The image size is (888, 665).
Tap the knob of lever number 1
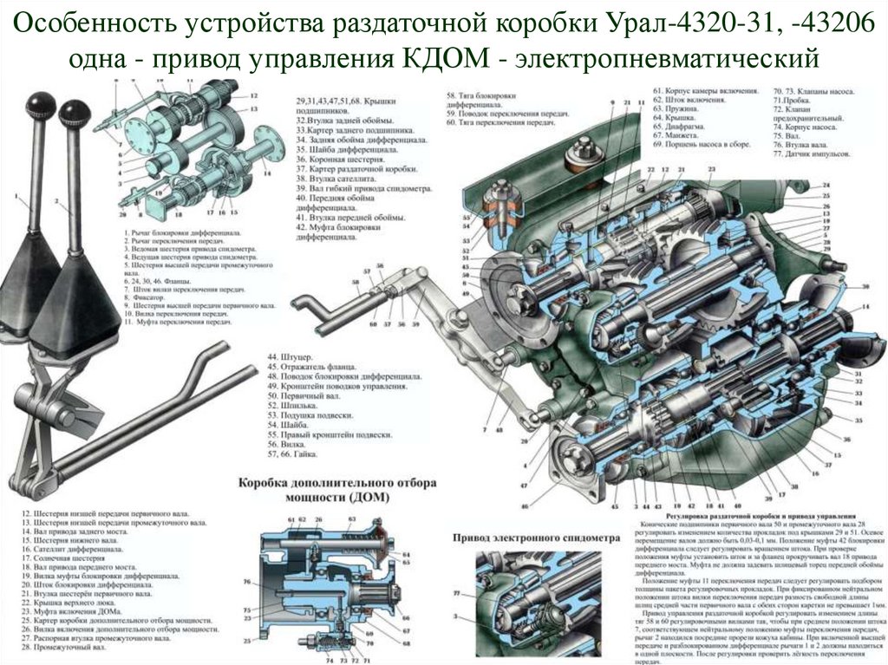point(37,107)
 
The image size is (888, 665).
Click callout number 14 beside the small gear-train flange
point(266,173)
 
